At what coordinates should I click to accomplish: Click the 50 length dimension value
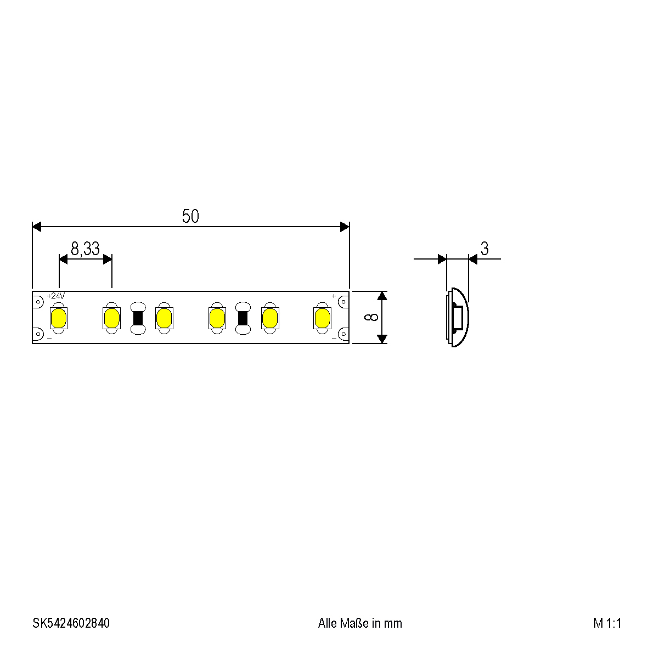(190, 216)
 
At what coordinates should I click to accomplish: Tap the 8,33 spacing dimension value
(86, 249)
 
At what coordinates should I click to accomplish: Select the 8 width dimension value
(371, 317)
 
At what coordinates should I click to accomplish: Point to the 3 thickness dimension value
(484, 249)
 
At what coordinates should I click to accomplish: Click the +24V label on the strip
(56, 296)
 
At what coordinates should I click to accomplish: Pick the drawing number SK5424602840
(71, 623)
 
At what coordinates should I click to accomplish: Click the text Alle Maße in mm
(360, 623)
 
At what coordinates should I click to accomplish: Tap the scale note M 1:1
(607, 623)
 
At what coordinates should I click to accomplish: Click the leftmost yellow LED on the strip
(59, 318)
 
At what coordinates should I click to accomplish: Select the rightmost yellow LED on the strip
(322, 318)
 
